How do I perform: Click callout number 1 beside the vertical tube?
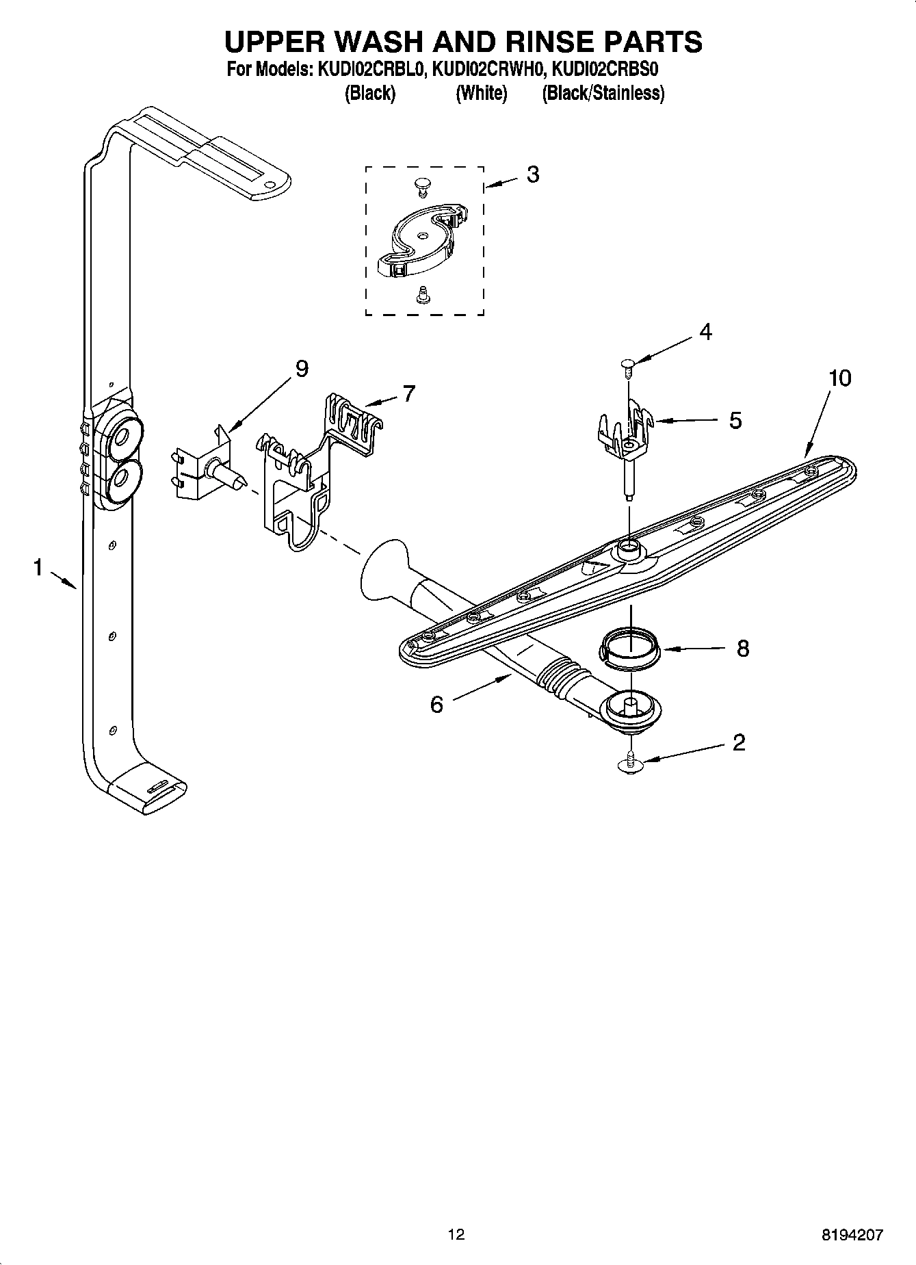[x=38, y=567]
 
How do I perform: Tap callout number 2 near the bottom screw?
[x=738, y=742]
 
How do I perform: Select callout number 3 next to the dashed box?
[x=532, y=174]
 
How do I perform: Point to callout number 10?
[x=839, y=378]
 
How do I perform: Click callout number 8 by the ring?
[x=742, y=648]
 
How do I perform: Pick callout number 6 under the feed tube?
[x=436, y=704]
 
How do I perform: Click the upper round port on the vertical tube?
[x=124, y=436]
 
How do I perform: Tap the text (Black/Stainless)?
[x=603, y=94]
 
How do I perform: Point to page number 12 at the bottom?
[x=456, y=1234]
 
